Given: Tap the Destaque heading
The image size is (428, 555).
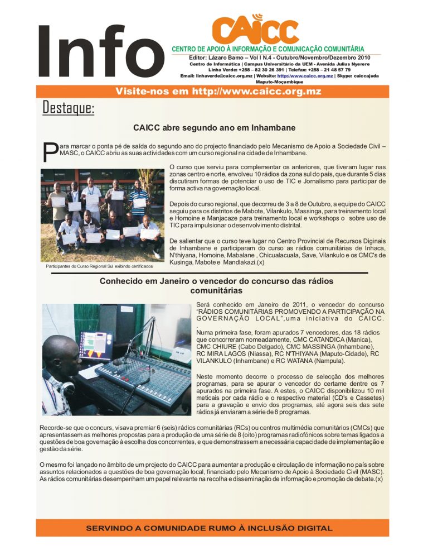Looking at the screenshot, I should pos(69,108).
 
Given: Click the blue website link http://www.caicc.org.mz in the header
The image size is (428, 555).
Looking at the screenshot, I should pos(305,75).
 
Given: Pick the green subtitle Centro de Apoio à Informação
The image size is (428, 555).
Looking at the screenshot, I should pos(268,49).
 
